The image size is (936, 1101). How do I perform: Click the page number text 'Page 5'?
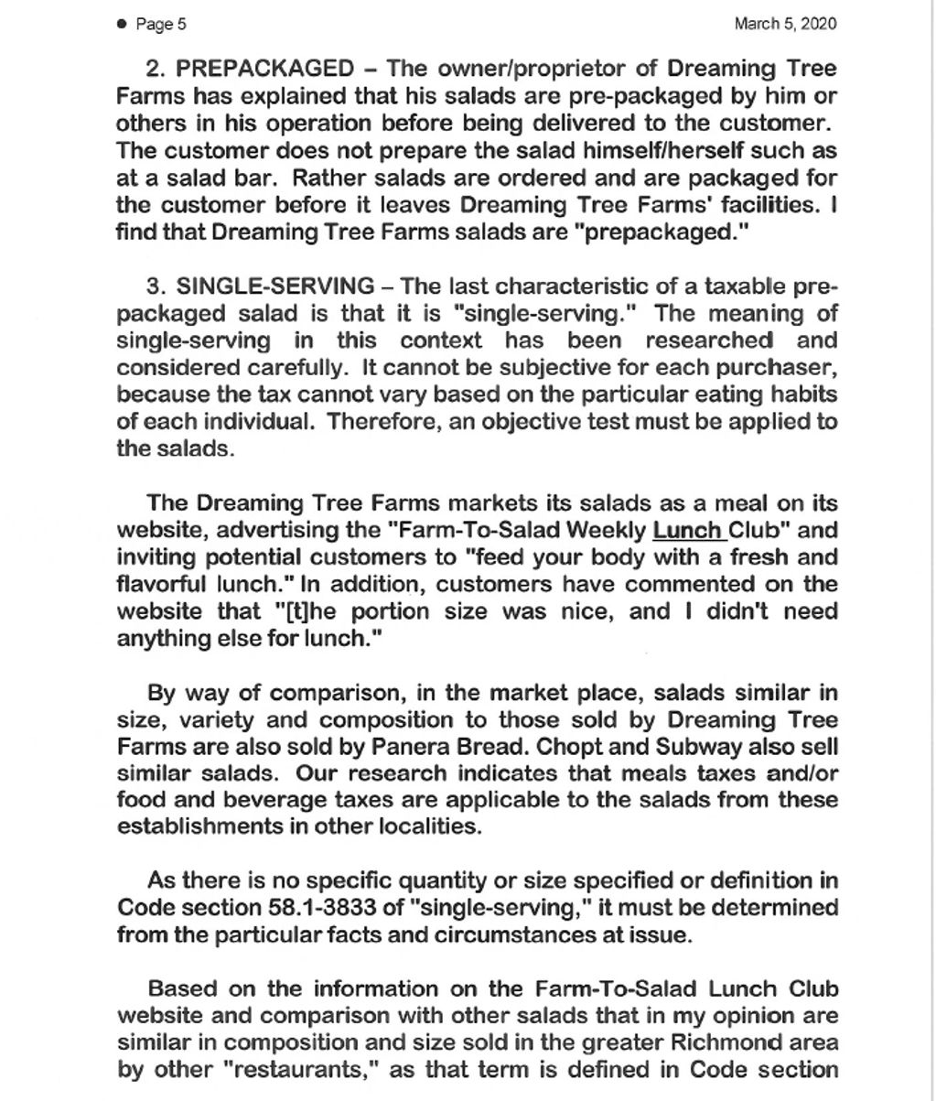(x=161, y=25)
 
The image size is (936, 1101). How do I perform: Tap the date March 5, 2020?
(x=785, y=24)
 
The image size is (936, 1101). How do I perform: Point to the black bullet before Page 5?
(x=122, y=25)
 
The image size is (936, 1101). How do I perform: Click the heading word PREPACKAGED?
(x=264, y=69)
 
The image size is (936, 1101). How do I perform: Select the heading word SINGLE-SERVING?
(x=275, y=286)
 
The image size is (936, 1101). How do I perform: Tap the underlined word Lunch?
(x=687, y=530)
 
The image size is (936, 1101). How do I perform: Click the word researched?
(x=708, y=340)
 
